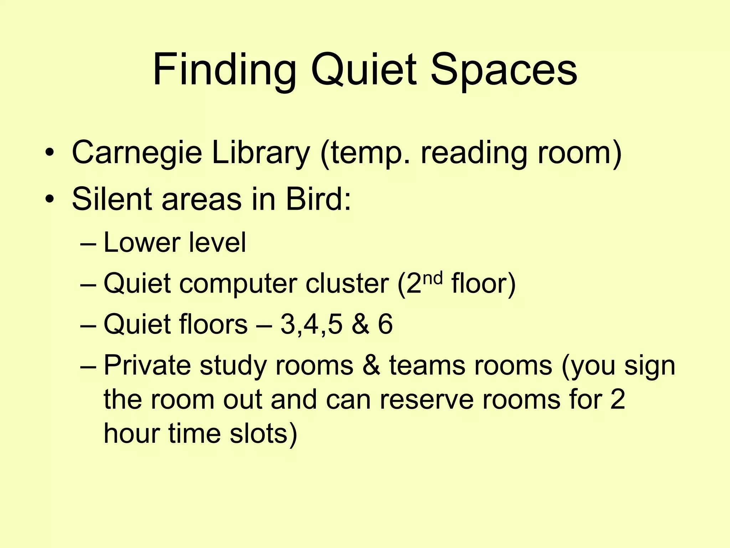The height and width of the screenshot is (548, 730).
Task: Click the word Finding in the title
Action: [224, 70]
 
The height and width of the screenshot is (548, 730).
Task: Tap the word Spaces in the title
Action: [503, 70]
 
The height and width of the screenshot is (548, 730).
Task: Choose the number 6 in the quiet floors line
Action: [385, 325]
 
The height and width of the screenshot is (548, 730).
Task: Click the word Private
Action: [147, 366]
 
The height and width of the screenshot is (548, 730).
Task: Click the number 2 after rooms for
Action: [617, 400]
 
